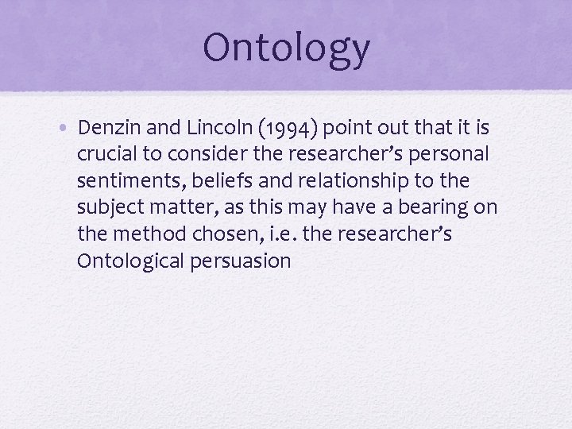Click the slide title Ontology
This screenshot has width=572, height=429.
click(x=286, y=48)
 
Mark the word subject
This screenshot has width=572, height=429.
click(x=110, y=208)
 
